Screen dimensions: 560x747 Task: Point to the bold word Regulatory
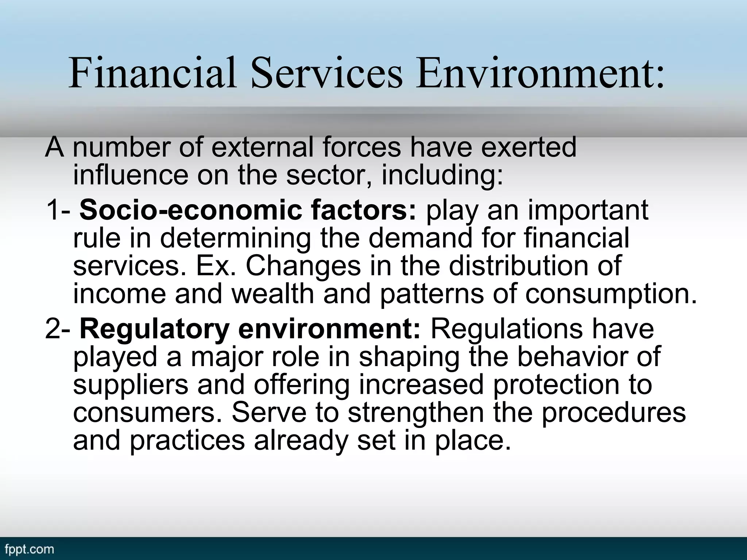tap(154, 329)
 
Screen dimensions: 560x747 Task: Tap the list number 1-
tap(58, 210)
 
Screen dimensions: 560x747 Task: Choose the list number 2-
tap(58, 329)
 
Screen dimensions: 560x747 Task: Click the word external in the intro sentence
tap(262, 148)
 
